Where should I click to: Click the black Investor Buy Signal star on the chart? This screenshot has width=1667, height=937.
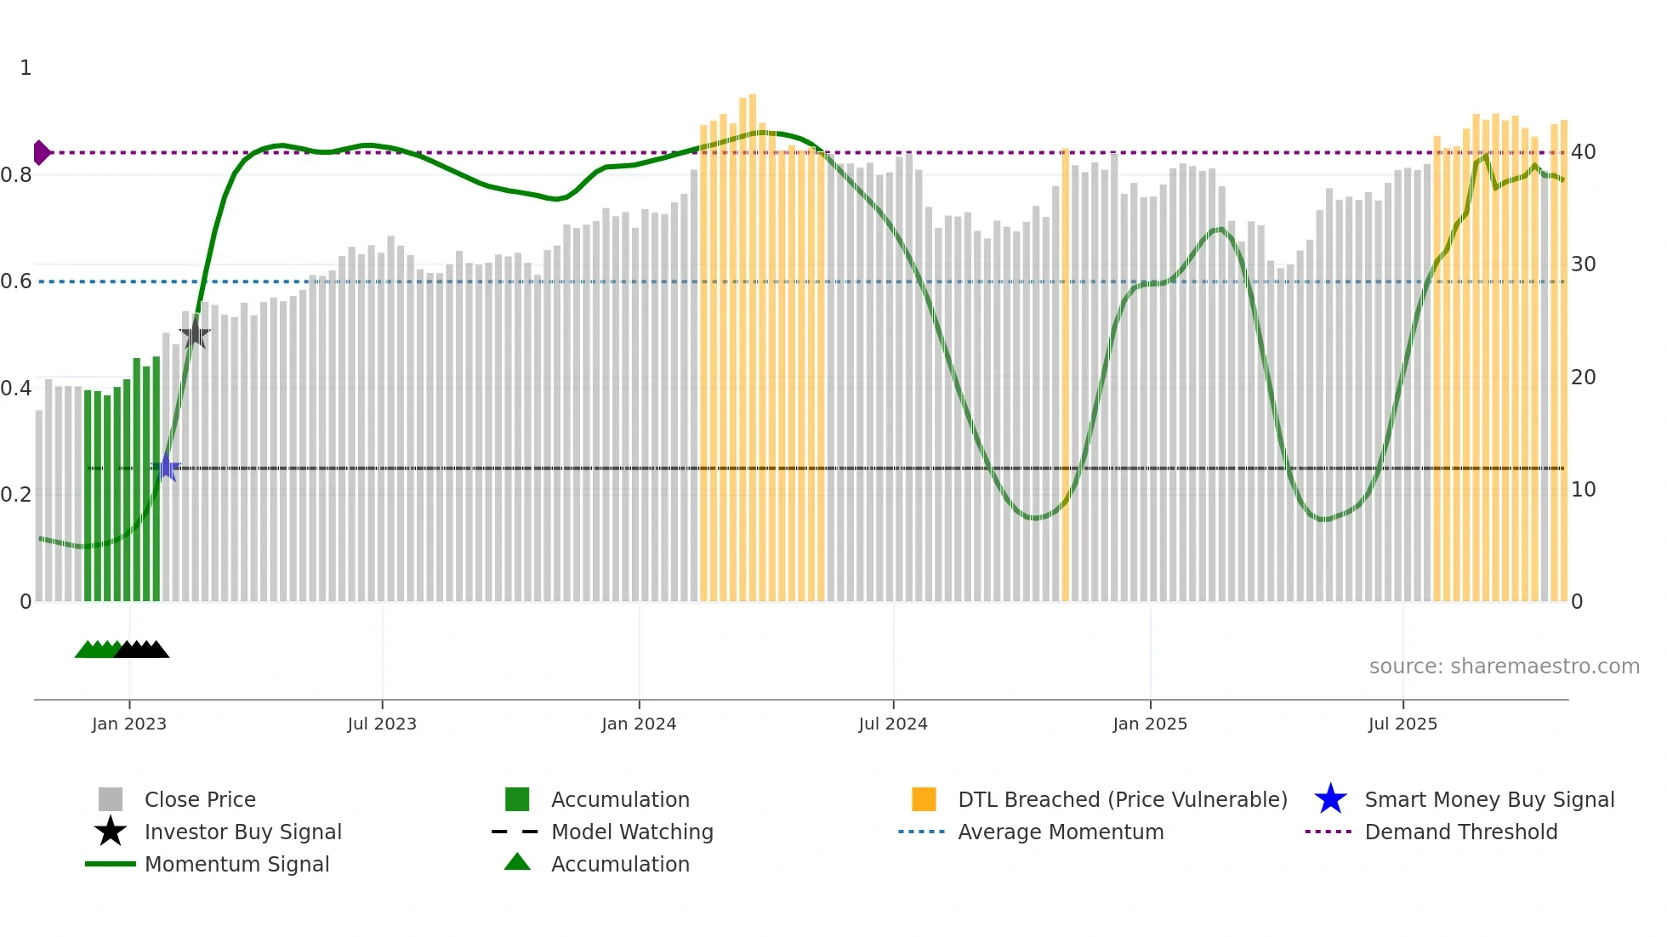click(x=195, y=333)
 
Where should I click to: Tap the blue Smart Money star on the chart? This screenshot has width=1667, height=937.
click(x=167, y=468)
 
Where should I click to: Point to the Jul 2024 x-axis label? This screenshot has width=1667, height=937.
click(x=893, y=724)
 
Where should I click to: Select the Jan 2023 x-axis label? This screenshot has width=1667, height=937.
click(x=129, y=724)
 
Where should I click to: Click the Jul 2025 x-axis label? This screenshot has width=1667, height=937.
click(x=1402, y=724)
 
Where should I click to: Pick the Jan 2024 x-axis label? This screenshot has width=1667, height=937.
click(x=639, y=724)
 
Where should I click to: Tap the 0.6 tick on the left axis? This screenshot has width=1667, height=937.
click(x=16, y=281)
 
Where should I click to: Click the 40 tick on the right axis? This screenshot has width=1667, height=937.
click(x=1583, y=152)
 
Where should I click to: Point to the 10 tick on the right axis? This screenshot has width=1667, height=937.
click(x=1583, y=490)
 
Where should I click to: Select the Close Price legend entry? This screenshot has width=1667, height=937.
click(x=200, y=799)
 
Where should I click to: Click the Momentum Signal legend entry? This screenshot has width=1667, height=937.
click(x=236, y=864)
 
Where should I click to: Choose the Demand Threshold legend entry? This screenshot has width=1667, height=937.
click(x=1460, y=832)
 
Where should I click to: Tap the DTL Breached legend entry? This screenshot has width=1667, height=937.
click(x=1122, y=799)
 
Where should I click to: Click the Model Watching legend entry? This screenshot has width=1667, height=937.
click(x=632, y=832)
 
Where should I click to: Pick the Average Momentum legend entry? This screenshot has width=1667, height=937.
click(x=1061, y=832)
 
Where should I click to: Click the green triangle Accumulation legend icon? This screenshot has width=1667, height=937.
click(x=517, y=862)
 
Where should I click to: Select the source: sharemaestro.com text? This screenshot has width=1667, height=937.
click(x=1504, y=667)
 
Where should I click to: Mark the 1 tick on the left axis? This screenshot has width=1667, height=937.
click(x=26, y=68)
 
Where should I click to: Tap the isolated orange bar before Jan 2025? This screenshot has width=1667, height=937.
click(x=1066, y=374)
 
